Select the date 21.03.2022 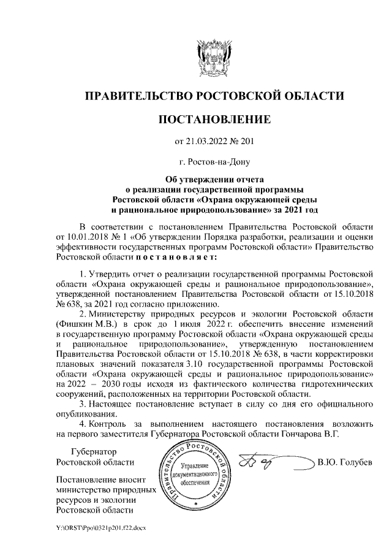pos(207,142)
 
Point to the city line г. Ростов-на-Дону pos(214,163)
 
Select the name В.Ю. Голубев pos(345,461)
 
